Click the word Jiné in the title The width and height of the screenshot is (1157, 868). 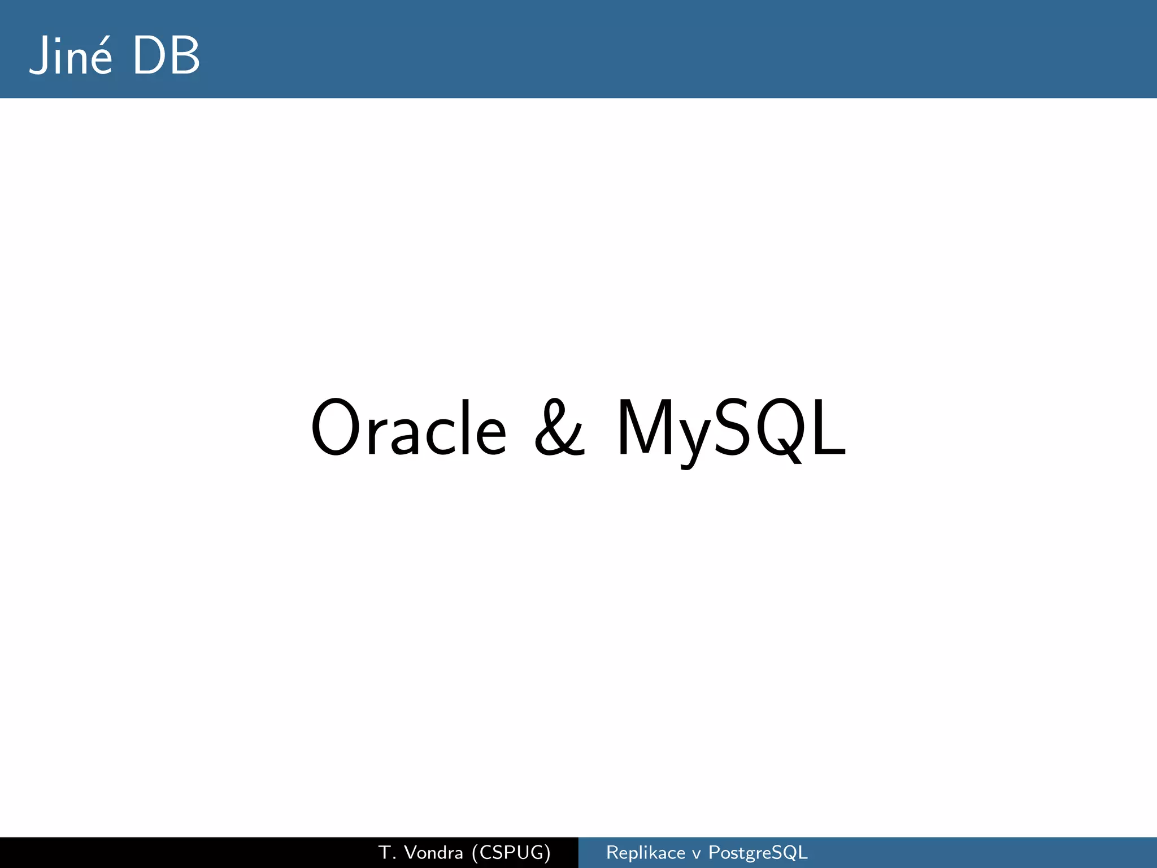pos(70,55)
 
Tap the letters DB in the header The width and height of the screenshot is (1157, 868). pos(166,55)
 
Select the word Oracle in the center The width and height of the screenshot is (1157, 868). pos(408,428)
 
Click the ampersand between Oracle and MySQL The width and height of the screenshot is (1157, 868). pos(559,428)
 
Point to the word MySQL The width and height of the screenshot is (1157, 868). pos(731,428)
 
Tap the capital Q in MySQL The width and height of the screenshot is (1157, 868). pos(781,428)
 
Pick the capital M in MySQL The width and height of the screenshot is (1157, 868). pos(644,428)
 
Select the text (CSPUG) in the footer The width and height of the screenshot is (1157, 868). pos(511,853)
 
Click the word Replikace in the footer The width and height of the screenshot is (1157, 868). pos(645,853)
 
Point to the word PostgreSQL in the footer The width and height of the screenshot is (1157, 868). pos(758,853)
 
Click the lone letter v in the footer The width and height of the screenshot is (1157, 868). pos(697,854)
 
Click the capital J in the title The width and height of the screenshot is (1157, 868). pos(39,55)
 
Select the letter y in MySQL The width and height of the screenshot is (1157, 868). pos(692,438)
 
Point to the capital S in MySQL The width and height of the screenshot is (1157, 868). pos(732,428)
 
